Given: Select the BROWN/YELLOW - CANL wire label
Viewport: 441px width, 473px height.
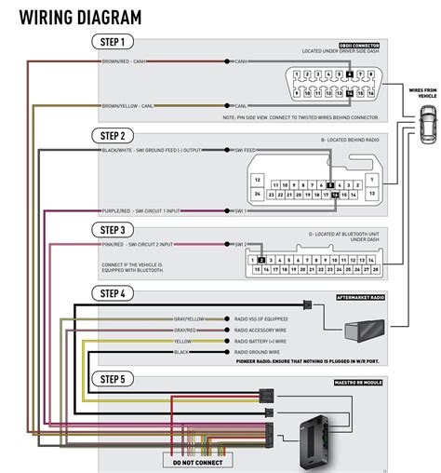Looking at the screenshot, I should coord(127,105).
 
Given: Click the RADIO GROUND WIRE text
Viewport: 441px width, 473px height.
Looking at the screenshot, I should coord(260,353).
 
